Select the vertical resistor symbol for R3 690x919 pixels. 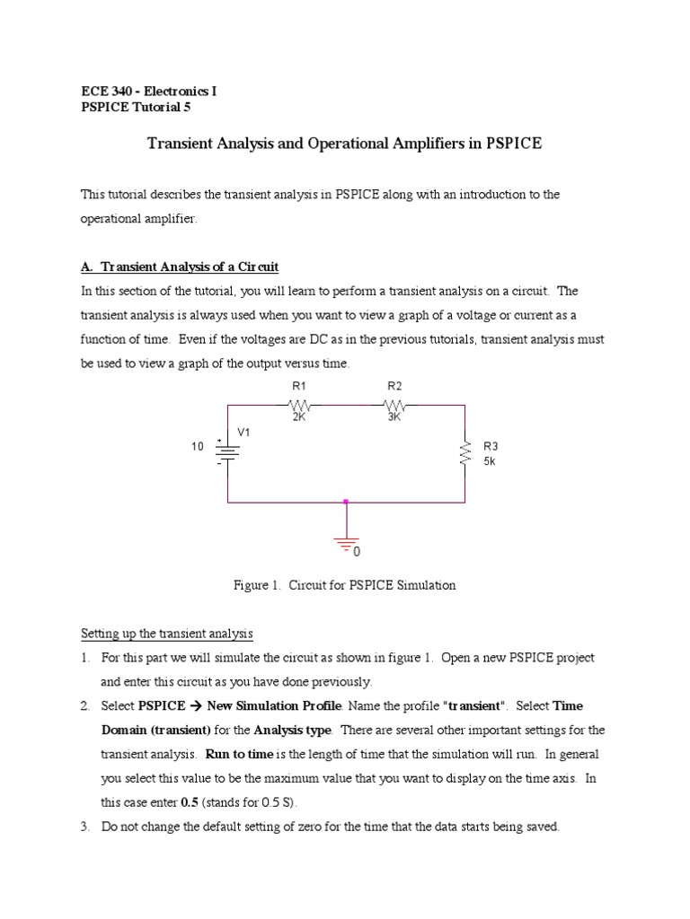(x=464, y=452)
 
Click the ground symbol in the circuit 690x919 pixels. (x=346, y=541)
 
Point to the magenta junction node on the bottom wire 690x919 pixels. (x=346, y=502)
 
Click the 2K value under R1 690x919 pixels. (x=299, y=417)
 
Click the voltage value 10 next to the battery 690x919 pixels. (x=197, y=446)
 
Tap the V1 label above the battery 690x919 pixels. (x=243, y=433)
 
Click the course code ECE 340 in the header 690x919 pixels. (x=106, y=92)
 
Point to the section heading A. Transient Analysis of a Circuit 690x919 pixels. (x=180, y=267)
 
